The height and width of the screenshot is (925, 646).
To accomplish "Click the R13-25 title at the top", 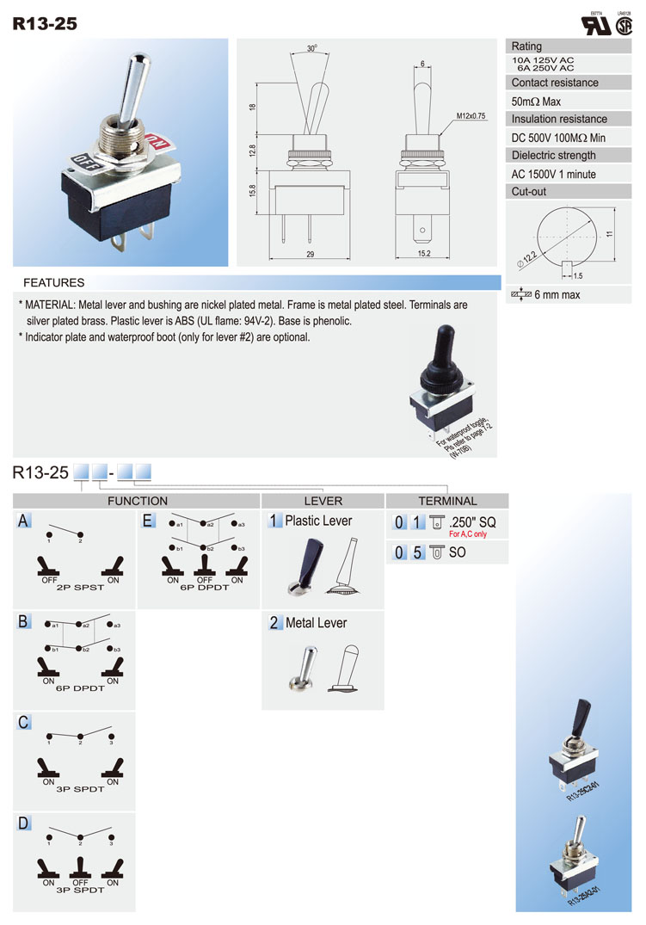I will pos(45,23).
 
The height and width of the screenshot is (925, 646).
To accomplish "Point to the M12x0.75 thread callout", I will pos(471,115).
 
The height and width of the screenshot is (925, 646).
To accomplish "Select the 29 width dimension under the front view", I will pos(310,255).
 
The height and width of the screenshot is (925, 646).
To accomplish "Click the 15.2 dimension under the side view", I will pos(423,255).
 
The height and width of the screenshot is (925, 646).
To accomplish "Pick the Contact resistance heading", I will pos(554,83).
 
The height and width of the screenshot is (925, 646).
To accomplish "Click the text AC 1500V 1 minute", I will pos(553,175).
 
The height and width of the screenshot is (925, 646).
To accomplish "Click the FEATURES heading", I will pos(53,282).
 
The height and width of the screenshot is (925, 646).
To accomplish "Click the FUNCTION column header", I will pos(137,501).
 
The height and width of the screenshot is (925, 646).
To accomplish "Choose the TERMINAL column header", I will pos(447,501).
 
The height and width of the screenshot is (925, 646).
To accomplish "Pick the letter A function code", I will pos(24,521).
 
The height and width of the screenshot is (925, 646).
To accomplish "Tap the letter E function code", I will pos(148,521).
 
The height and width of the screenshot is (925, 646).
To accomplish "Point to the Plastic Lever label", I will pos(318,521).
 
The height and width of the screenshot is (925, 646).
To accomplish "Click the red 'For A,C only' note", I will pos(467,534).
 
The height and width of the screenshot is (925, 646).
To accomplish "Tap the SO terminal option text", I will pos(457,552).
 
